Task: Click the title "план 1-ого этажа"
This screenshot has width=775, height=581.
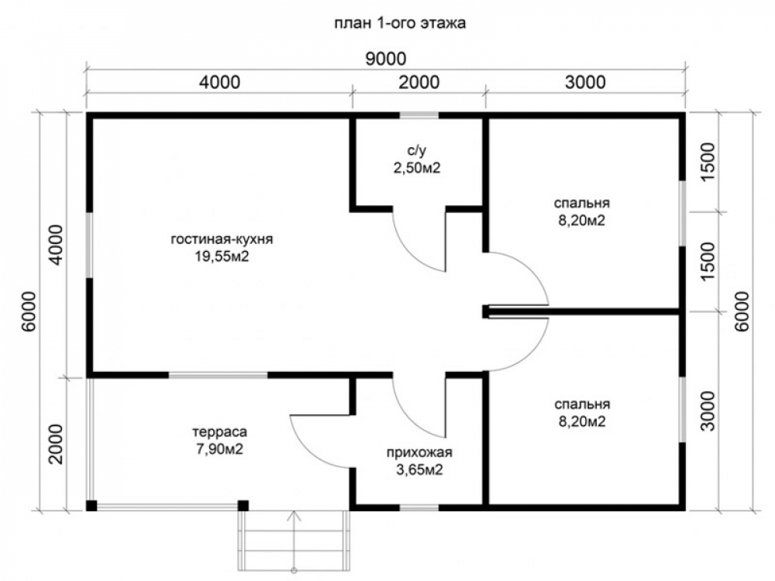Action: (x=400, y=23)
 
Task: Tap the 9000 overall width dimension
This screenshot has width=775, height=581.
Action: (x=385, y=59)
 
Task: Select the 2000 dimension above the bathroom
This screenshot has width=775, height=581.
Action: (x=418, y=82)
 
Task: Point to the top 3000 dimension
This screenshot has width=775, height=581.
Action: (x=585, y=82)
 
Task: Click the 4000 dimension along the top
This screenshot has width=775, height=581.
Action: (x=220, y=82)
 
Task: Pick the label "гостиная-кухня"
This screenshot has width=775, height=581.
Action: (x=222, y=239)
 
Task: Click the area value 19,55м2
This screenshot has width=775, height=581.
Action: (x=222, y=257)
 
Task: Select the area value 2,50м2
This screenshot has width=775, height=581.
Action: (x=417, y=168)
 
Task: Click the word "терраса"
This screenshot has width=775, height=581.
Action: (x=219, y=432)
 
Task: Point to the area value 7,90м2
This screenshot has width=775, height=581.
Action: (x=219, y=449)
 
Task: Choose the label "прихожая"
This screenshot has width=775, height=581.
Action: (x=419, y=452)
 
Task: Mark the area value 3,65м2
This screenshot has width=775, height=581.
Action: (x=419, y=470)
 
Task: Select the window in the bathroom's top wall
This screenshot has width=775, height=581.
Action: (x=419, y=115)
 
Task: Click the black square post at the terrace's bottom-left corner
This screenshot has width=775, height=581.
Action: (x=91, y=505)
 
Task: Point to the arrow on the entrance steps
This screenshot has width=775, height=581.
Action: (x=294, y=541)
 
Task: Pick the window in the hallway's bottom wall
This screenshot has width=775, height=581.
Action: (x=419, y=507)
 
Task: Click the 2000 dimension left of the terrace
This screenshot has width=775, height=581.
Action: (x=57, y=444)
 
